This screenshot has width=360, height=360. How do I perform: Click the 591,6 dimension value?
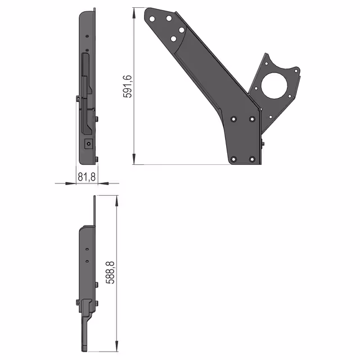click(128, 86)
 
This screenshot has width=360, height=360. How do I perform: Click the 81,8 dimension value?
click(87, 177)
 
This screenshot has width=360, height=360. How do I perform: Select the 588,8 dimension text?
click(110, 272)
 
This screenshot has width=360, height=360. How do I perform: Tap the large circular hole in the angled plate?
click(274, 86)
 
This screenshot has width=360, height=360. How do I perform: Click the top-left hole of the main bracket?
click(152, 19)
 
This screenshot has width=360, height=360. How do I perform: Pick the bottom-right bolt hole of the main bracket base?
click(252, 159)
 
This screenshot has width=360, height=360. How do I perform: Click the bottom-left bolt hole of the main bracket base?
click(234, 159)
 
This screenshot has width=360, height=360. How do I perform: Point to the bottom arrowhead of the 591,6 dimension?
click(134, 159)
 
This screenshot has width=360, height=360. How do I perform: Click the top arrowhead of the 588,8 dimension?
click(116, 201)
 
